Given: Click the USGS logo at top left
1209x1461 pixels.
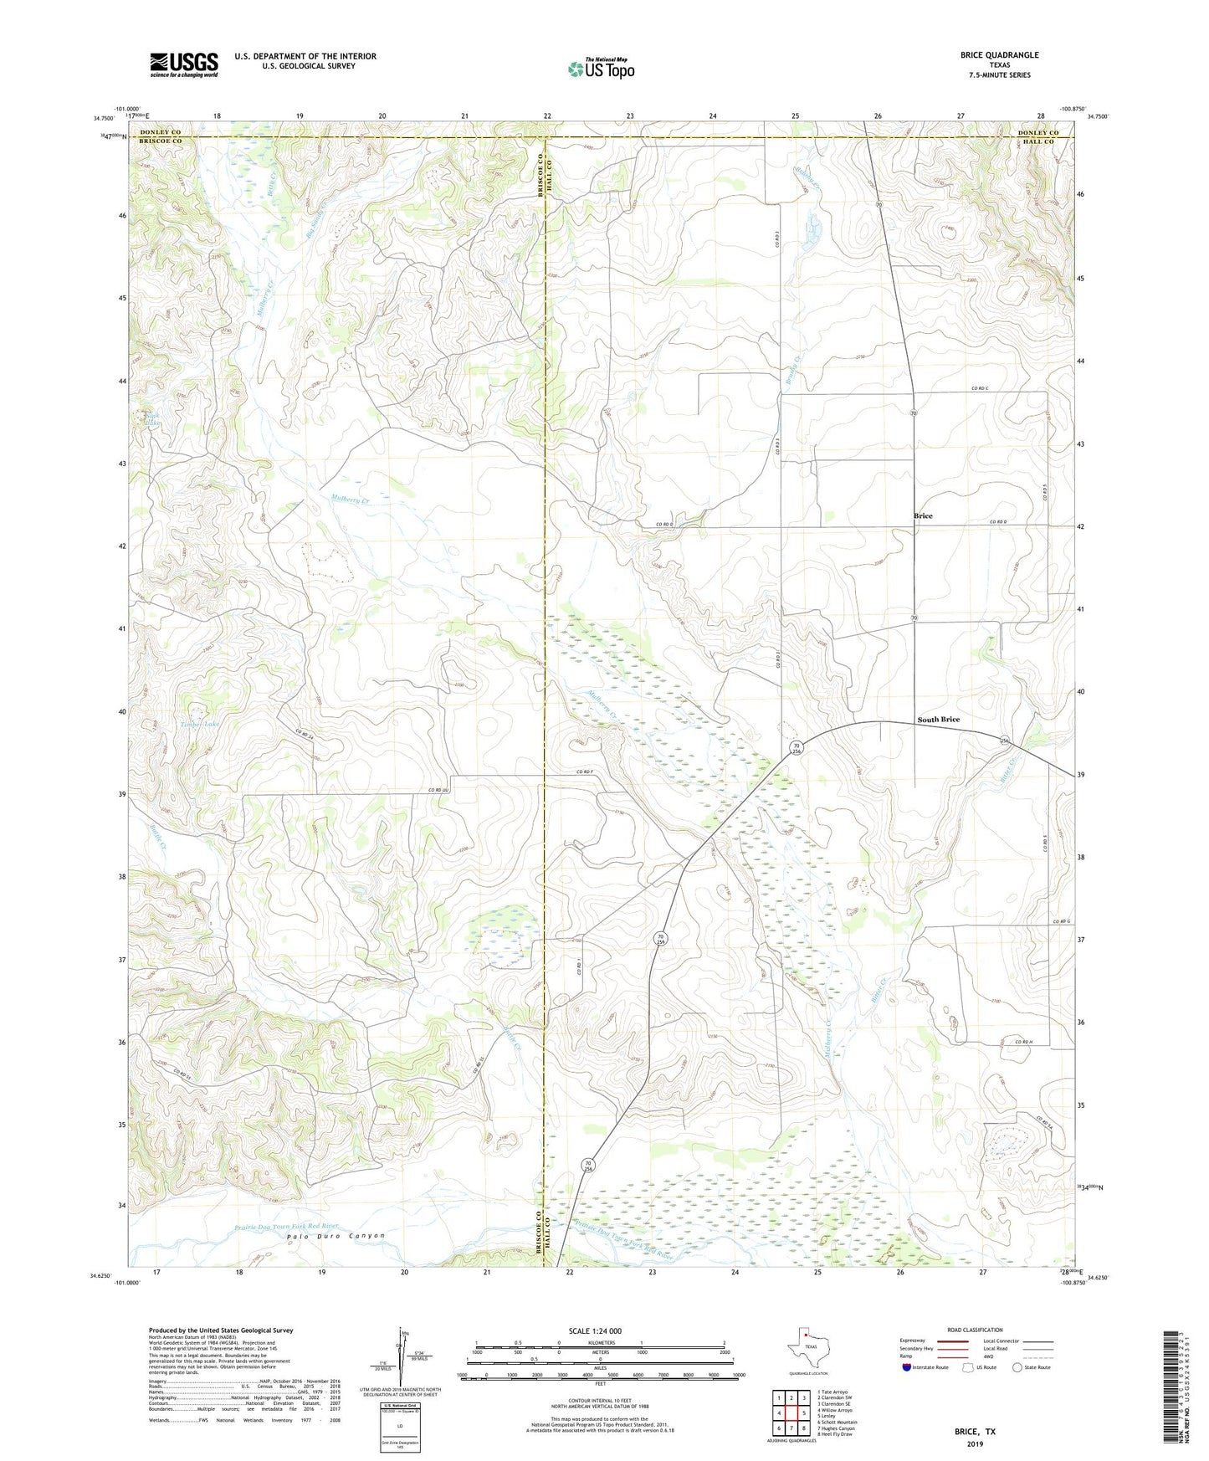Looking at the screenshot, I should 184,64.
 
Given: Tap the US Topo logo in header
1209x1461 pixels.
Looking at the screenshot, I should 601,69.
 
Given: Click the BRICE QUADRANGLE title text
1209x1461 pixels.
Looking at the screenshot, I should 999,55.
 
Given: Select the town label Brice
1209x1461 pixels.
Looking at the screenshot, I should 923,516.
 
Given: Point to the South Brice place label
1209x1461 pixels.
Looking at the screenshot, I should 938,720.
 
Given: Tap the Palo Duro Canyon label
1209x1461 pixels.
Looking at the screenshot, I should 336,1236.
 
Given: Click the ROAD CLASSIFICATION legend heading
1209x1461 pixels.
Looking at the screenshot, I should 975,1330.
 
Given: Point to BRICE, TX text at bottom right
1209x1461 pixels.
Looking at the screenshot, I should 975,1432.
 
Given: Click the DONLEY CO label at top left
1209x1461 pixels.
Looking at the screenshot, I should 160,133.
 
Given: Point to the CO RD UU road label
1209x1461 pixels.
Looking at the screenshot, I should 439,790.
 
